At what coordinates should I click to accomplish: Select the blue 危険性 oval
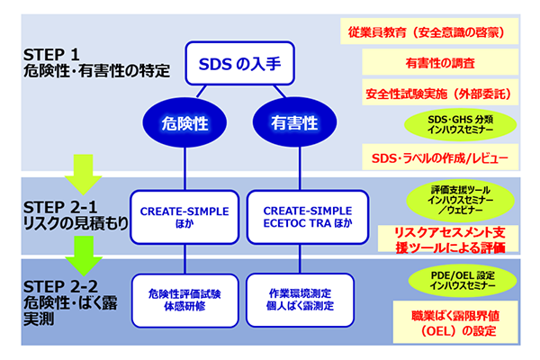185,124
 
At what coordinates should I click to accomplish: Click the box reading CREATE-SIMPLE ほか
184,217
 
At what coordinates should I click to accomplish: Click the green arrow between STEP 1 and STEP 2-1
85,169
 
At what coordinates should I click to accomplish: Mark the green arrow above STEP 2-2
85,252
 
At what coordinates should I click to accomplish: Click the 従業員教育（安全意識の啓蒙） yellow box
431,32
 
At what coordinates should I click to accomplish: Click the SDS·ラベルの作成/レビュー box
440,158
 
